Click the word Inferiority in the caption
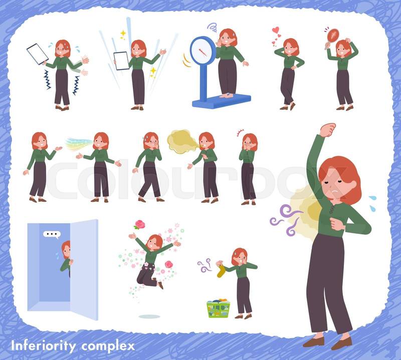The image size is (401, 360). (x=43, y=346)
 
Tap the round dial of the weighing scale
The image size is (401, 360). (x=203, y=51)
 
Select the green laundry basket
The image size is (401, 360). (x=219, y=308)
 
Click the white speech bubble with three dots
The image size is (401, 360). (x=52, y=234)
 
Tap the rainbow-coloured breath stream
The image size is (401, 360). (x=79, y=144)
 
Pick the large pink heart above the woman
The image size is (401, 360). (x=275, y=31)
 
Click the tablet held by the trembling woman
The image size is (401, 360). (x=37, y=54)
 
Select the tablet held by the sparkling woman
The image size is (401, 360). (x=121, y=61)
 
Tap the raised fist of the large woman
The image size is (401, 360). (x=327, y=130)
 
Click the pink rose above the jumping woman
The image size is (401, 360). (x=140, y=224)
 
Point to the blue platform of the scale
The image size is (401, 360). (x=222, y=101)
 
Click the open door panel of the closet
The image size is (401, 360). (x=84, y=269)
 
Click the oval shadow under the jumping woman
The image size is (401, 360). (x=149, y=316)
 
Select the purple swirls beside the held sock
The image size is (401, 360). (x=205, y=265)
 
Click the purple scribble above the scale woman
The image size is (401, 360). (x=212, y=27)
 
